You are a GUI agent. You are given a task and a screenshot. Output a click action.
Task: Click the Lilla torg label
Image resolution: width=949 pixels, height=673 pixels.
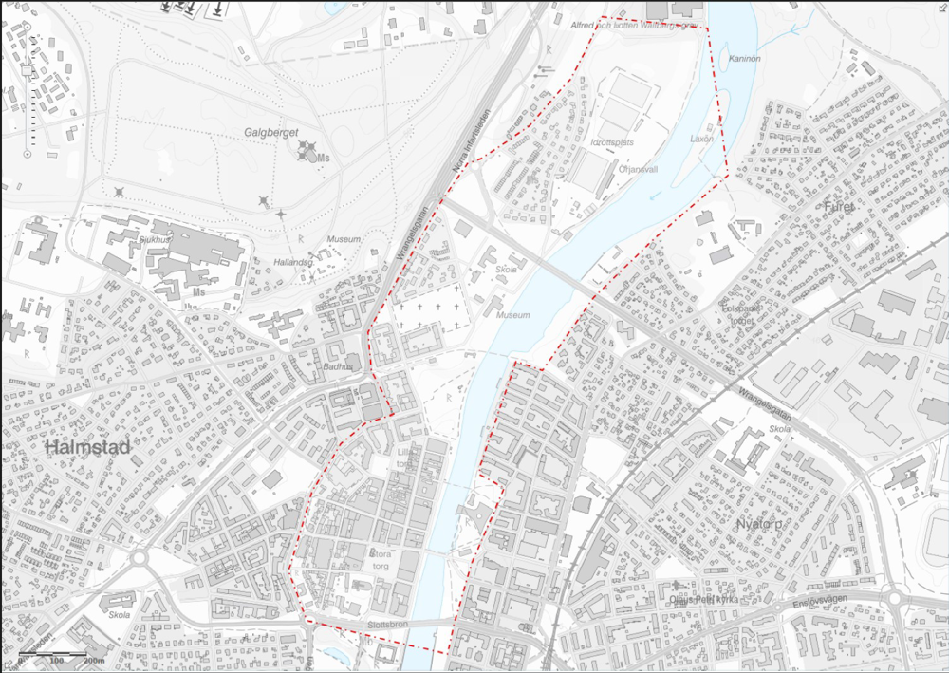406,458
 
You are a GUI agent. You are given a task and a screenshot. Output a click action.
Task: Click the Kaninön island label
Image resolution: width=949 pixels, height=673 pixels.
745,59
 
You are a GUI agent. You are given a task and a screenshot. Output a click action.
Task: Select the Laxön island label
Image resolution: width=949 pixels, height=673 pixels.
701,139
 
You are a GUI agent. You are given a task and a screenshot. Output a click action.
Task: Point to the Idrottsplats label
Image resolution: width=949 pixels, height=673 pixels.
612,142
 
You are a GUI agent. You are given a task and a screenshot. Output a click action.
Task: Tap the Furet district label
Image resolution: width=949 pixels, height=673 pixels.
840,207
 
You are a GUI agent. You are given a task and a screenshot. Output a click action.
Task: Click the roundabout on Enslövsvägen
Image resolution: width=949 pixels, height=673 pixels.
893,598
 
